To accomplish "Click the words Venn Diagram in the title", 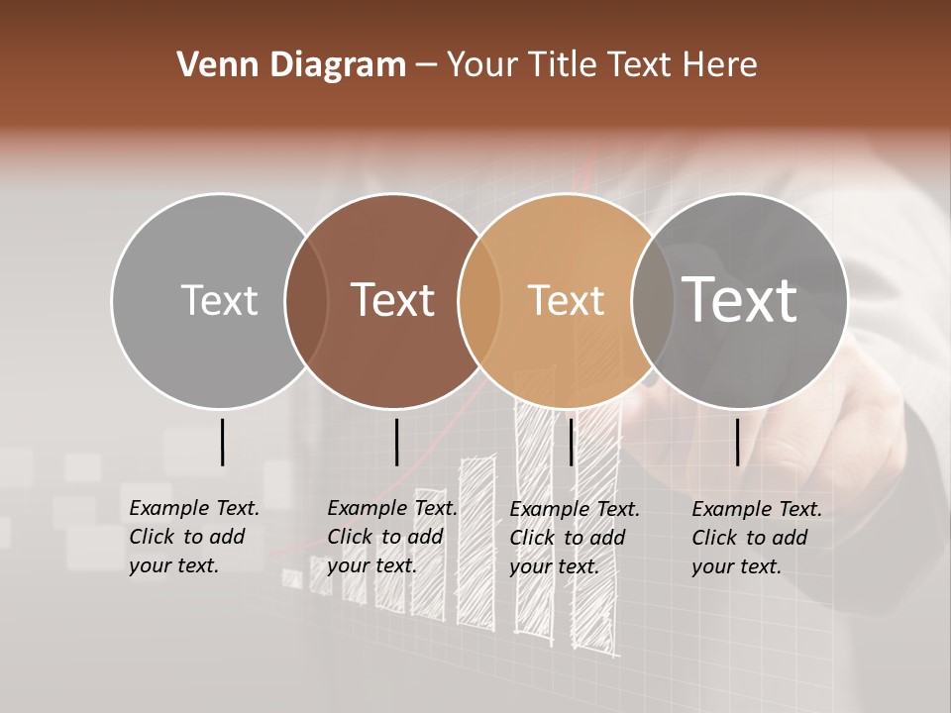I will pyautogui.click(x=291, y=65).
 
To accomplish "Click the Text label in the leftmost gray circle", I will pyautogui.click(x=219, y=300).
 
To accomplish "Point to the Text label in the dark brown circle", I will pyautogui.click(x=393, y=300).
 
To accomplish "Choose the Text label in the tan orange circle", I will pyautogui.click(x=566, y=300).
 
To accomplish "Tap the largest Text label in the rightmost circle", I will pyautogui.click(x=740, y=299).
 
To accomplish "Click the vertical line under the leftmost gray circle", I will pyautogui.click(x=222, y=442).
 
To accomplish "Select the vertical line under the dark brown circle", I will pyautogui.click(x=396, y=442).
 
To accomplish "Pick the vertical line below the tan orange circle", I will pyautogui.click(x=571, y=442).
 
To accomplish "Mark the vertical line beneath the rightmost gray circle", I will pyautogui.click(x=737, y=442).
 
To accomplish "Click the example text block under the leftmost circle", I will pyautogui.click(x=193, y=537).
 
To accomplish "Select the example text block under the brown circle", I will pyautogui.click(x=391, y=537).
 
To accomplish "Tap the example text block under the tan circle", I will pyautogui.click(x=574, y=538).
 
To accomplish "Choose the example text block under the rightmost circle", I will pyautogui.click(x=756, y=538).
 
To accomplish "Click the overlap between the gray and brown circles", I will pyautogui.click(x=306, y=300).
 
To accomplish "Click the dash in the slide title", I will pyautogui.click(x=426, y=65).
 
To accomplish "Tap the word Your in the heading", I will pyautogui.click(x=479, y=65).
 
